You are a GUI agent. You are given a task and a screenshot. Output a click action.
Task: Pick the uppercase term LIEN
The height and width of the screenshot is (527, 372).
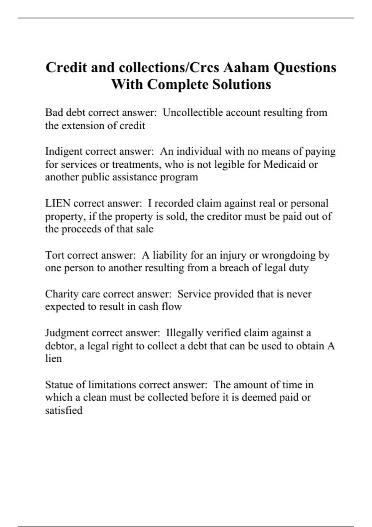[58, 203]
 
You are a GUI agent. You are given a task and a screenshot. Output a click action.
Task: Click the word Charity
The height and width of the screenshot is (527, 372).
[62, 294]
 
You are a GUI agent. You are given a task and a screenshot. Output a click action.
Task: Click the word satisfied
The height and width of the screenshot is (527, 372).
[64, 410]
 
